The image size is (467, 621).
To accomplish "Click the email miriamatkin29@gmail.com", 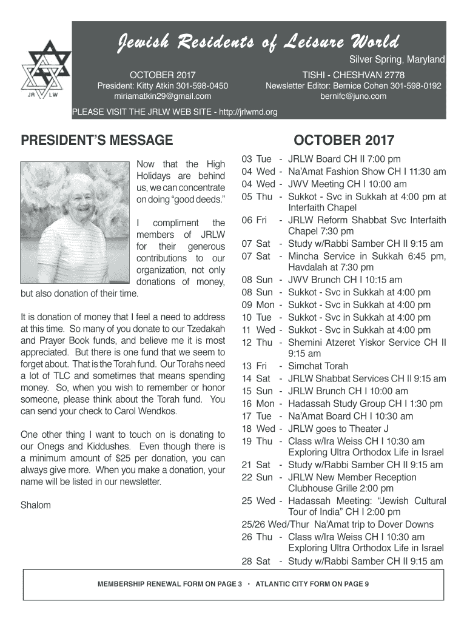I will [x=163, y=96].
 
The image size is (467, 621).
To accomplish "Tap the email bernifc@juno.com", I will [x=354, y=96].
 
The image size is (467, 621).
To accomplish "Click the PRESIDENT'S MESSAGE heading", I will [x=97, y=141].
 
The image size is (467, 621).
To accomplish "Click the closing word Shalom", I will [x=36, y=505].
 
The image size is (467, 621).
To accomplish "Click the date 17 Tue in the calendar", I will [x=257, y=416].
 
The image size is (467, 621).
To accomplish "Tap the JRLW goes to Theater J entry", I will [x=338, y=429].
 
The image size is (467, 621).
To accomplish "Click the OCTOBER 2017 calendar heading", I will [x=344, y=141].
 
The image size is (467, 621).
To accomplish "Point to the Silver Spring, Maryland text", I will [x=397, y=60].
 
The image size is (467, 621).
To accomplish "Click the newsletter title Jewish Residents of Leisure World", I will [x=258, y=42].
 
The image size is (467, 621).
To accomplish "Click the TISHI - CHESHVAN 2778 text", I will [x=354, y=75].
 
